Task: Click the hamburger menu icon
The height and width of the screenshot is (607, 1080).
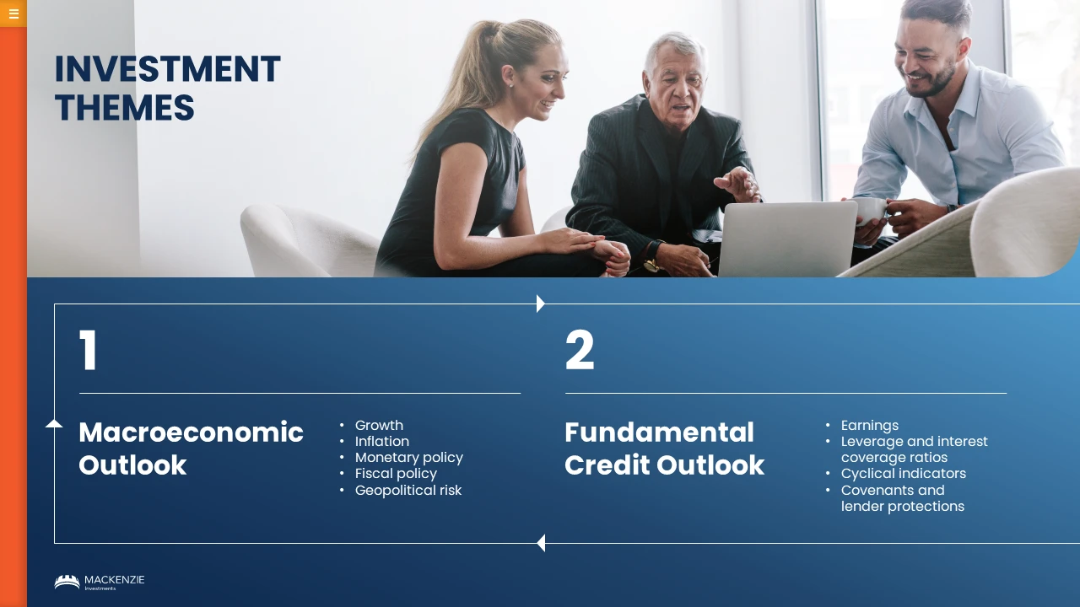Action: [13, 13]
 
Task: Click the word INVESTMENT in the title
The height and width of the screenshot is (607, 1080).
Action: [167, 69]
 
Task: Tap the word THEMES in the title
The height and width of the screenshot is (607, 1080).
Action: [124, 107]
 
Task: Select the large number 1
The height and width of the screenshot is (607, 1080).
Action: [89, 350]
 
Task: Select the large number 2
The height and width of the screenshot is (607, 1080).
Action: [580, 350]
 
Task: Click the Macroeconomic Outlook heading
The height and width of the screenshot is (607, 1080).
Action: [191, 449]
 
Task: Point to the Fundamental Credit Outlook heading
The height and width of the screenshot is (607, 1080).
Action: [664, 449]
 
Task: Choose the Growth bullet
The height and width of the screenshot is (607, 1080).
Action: [379, 426]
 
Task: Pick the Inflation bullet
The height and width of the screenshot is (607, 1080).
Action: [382, 441]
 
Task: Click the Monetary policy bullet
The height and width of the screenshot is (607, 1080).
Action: [409, 458]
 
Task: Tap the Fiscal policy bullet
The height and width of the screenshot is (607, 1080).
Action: [396, 474]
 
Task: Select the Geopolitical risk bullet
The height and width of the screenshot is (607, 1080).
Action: [408, 491]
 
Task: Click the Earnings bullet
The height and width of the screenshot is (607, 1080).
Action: [870, 426]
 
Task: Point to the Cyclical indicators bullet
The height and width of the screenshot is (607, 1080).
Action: [904, 474]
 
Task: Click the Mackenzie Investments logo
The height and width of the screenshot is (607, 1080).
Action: [100, 582]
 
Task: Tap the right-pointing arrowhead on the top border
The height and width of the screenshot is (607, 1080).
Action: [541, 303]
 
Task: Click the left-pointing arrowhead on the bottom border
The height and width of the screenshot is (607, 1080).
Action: [541, 543]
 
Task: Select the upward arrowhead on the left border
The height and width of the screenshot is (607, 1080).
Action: [54, 423]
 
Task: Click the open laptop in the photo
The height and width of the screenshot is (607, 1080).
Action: [787, 239]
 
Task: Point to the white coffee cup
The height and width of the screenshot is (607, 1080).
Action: [870, 211]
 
